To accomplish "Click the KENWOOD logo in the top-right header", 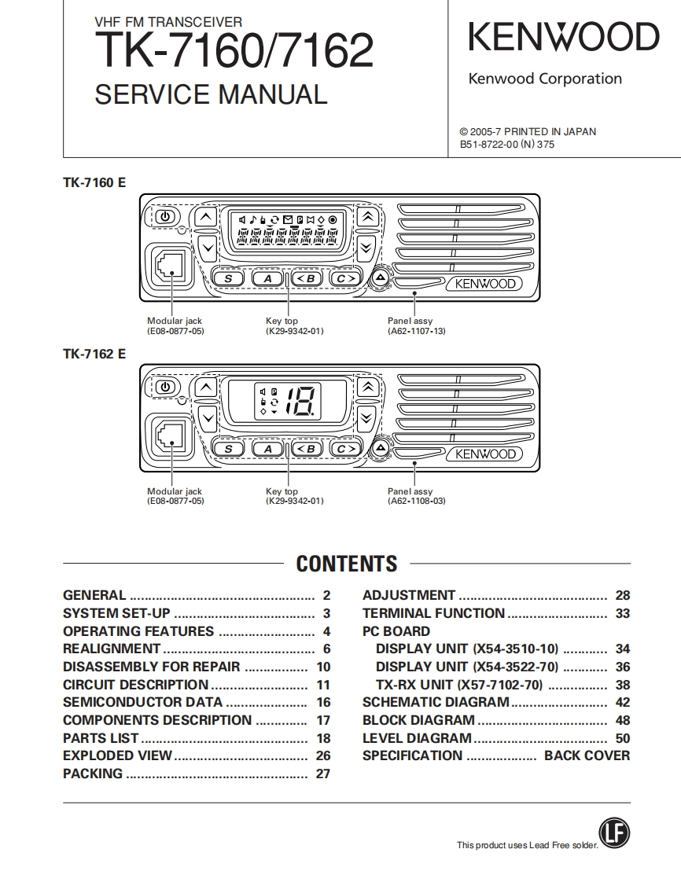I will [x=564, y=38].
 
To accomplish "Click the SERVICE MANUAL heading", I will [x=210, y=94].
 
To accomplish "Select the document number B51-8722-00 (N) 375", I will [x=506, y=145].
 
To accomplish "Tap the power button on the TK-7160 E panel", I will [x=164, y=216].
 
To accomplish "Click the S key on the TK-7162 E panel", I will [x=229, y=449].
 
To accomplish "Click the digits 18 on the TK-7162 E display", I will [x=300, y=402].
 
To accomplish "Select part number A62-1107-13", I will [x=416, y=331].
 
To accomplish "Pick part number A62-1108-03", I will [x=416, y=501].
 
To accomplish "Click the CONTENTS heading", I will [x=347, y=564].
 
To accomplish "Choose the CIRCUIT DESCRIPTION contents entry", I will [x=135, y=685].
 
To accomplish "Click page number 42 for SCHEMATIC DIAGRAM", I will [x=622, y=702].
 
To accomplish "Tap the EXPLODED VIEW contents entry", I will [x=117, y=755].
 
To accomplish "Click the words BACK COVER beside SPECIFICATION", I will [x=587, y=755].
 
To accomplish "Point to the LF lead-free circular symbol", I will [x=614, y=834].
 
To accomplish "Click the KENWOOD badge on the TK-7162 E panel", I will [x=485, y=454].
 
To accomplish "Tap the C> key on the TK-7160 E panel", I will [x=344, y=278].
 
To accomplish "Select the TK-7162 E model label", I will [x=94, y=354].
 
